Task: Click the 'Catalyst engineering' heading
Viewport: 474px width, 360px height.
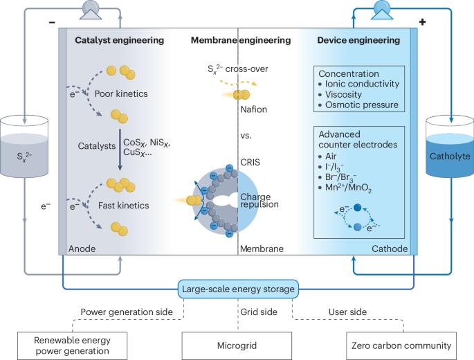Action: (x=119, y=41)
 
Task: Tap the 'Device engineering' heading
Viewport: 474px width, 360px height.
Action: (x=358, y=41)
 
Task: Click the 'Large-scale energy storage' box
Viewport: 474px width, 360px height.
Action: (x=237, y=288)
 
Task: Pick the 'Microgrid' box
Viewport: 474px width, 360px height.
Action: (x=237, y=344)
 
